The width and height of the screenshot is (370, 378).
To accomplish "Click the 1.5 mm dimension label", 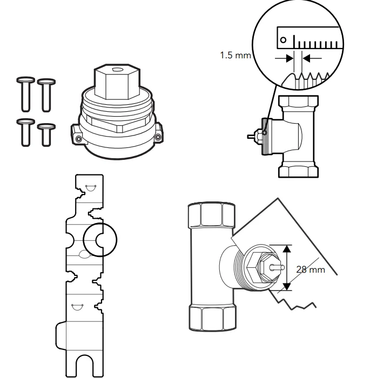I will [x=235, y=56].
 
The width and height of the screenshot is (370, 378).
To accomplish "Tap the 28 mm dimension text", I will [x=311, y=269].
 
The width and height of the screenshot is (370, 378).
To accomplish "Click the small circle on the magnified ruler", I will [x=283, y=39].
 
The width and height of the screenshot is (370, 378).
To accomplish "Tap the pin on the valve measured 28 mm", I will [x=276, y=266].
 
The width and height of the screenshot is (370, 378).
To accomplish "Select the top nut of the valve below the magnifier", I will [x=297, y=102].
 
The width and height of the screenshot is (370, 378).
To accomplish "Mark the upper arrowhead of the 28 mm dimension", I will [x=287, y=249].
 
